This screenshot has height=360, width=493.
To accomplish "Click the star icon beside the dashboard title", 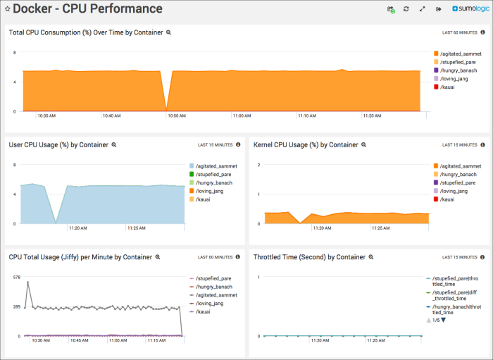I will [x=7, y=9].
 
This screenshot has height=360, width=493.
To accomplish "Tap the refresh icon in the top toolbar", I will [x=406, y=9].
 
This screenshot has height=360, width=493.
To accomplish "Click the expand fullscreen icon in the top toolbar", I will [x=422, y=9].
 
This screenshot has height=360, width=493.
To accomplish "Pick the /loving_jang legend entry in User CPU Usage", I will [x=213, y=191].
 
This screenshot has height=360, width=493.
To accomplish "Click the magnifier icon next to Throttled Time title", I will [x=370, y=257].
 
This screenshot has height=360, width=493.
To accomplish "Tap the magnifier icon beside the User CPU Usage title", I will [x=113, y=144].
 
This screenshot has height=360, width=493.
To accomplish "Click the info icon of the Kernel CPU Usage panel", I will [x=482, y=144].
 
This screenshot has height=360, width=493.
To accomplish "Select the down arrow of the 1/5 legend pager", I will [x=444, y=321].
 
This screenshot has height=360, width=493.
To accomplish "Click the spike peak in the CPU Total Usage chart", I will [x=28, y=282].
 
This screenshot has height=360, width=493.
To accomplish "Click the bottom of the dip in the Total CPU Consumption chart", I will [x=166, y=110].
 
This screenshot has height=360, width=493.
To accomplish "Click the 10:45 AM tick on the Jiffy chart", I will [x=80, y=340].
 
